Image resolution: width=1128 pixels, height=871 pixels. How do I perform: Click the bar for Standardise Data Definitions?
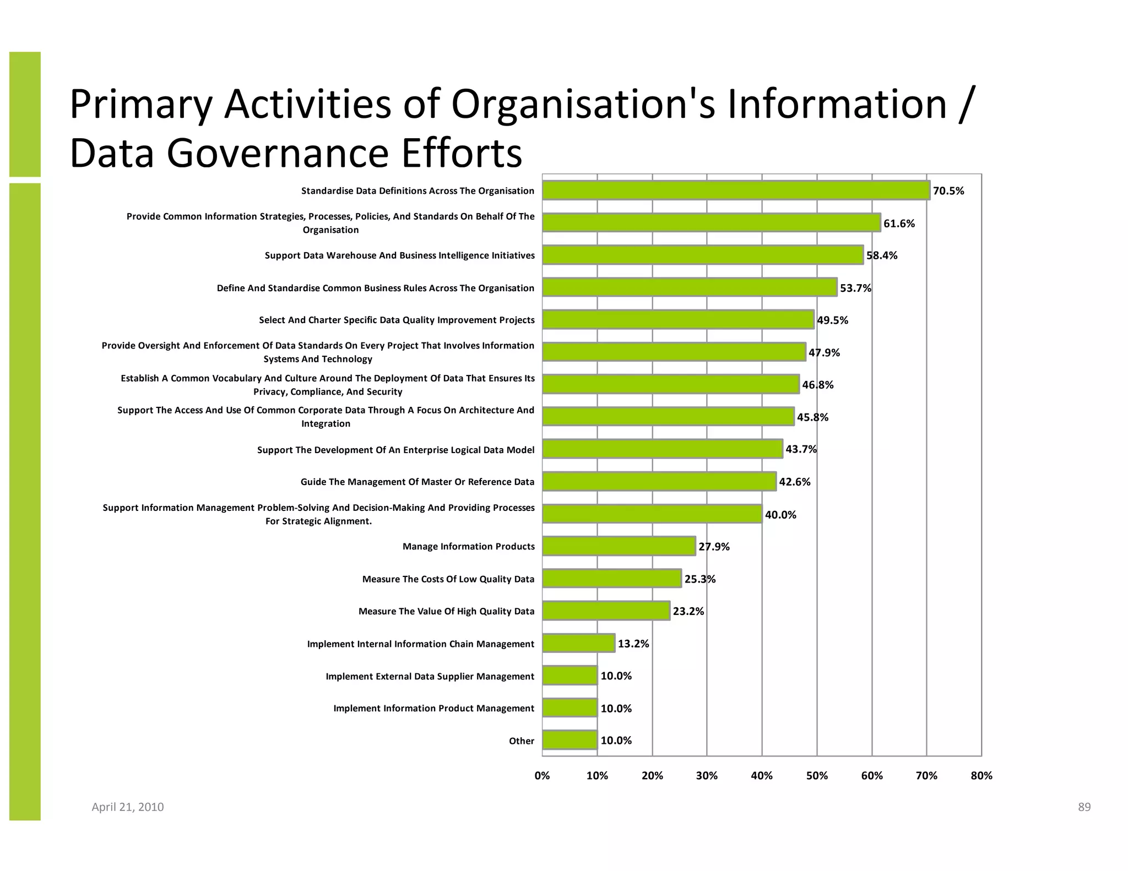tap(735, 190)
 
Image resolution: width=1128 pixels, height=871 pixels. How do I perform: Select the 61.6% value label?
tap(899, 224)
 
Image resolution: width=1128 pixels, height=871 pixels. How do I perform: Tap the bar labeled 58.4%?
tap(702, 255)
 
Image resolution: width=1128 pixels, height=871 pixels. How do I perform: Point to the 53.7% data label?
tap(855, 288)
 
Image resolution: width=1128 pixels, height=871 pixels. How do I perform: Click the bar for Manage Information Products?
tap(619, 546)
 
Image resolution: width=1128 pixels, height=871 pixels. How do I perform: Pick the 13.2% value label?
tap(633, 644)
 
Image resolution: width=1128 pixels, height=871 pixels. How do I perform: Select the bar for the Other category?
tap(570, 741)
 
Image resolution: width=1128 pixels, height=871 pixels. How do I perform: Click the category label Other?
tap(521, 741)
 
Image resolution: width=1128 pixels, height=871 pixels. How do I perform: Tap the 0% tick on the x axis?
tap(542, 776)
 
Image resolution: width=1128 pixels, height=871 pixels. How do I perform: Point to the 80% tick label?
tap(981, 776)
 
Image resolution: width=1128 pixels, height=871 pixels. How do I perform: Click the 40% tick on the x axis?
tap(762, 776)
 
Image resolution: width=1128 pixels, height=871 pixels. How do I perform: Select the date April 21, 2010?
tap(127, 807)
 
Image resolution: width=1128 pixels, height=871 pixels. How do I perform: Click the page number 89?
tap(1084, 807)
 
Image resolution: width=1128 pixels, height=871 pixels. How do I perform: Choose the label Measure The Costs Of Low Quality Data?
tap(448, 579)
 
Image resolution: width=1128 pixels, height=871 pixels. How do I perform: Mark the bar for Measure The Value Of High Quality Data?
tap(606, 611)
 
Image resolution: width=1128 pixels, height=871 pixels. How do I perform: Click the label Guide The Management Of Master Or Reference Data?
tap(417, 482)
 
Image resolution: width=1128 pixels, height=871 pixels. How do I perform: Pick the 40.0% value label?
tap(780, 515)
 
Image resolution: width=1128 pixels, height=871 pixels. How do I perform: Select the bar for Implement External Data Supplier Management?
tap(570, 676)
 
